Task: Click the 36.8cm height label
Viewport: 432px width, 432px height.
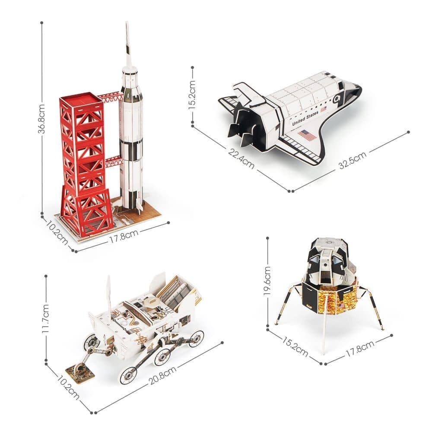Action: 41,119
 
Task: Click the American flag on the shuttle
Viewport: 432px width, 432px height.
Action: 308,135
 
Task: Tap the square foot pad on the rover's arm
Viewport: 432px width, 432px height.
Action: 80,373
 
